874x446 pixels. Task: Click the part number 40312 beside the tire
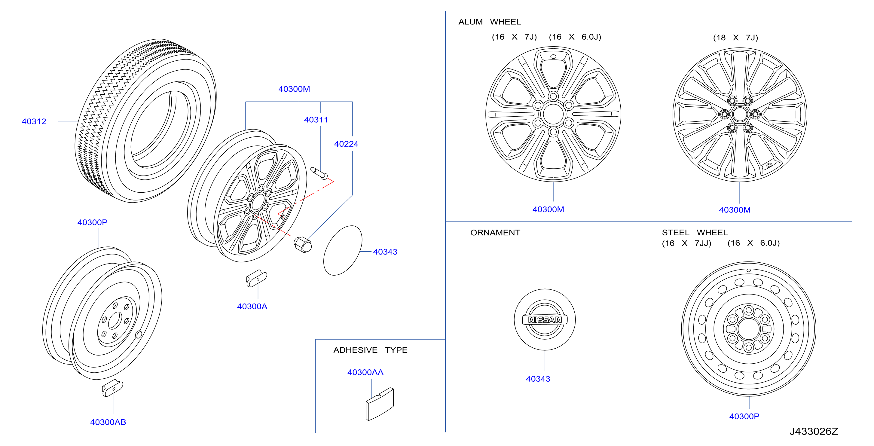point(34,121)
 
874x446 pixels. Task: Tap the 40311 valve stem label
point(316,120)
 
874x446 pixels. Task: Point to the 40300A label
point(252,306)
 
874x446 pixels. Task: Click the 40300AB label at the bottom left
point(108,422)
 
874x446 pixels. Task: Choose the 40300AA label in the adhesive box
point(365,372)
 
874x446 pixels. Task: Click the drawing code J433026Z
point(814,431)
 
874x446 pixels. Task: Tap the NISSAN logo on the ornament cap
point(545,319)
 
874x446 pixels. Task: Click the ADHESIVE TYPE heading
point(370,350)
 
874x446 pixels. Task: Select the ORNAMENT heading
point(495,232)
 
